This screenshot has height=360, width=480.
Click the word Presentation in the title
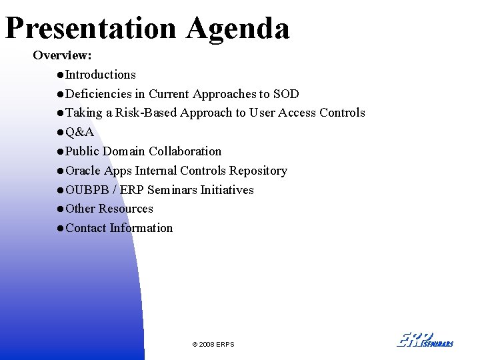(91, 29)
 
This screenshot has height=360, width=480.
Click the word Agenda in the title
(238, 29)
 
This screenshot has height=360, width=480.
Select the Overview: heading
(62, 55)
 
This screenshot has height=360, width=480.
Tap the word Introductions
(101, 75)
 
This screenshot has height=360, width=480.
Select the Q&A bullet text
(79, 132)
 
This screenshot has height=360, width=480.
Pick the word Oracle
(83, 171)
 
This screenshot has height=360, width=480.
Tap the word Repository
(258, 171)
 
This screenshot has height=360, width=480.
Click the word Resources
(126, 209)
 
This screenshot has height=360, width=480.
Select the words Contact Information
(119, 228)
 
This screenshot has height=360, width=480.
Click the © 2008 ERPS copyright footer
(213, 344)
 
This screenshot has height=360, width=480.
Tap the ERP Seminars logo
(425, 339)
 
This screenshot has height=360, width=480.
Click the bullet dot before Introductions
(61, 75)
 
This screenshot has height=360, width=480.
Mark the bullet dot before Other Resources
(61, 209)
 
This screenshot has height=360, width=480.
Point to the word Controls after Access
(342, 113)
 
